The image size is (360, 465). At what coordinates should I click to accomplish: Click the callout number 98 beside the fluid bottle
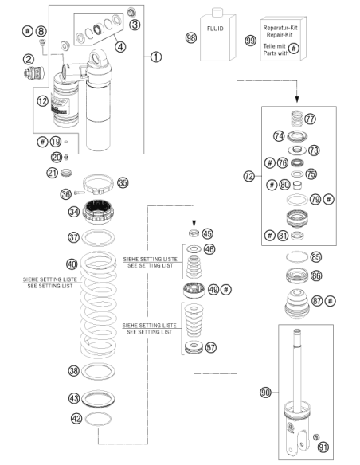tap(191, 37)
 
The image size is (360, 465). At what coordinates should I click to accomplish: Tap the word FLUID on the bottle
tap(215, 29)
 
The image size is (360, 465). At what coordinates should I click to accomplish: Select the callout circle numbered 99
tap(251, 40)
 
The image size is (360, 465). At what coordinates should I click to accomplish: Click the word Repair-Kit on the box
tap(280, 35)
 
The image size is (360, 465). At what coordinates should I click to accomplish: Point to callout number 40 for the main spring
tap(72, 264)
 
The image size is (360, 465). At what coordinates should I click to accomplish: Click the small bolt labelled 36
tap(80, 193)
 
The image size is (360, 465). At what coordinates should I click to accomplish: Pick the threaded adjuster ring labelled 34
tap(98, 212)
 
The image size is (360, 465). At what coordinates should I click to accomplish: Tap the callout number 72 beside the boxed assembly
tap(249, 177)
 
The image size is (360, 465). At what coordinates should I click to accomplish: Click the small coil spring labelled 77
tap(296, 119)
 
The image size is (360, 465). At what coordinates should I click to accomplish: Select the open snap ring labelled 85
tap(297, 256)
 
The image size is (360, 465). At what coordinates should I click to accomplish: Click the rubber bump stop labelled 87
tap(297, 303)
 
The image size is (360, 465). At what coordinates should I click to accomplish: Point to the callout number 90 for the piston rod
tap(265, 393)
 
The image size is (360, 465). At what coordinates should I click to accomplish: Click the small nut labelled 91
tap(316, 437)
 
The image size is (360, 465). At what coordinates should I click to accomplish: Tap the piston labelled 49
tap(194, 291)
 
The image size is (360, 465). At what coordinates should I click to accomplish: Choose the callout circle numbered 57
tap(210, 347)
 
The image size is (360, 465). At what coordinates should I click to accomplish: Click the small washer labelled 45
tap(194, 233)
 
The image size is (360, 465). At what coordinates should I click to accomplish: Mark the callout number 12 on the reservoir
tap(42, 101)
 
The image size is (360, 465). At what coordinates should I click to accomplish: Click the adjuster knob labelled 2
tap(33, 73)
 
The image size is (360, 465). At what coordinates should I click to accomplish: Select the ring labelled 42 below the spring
tap(98, 419)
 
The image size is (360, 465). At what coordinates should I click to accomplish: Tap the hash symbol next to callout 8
tap(28, 31)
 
